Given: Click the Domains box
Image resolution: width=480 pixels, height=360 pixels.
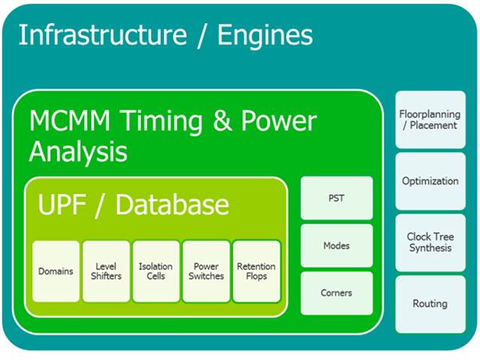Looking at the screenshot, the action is click(x=56, y=271).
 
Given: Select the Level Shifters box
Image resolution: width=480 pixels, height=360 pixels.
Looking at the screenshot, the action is click(x=106, y=271).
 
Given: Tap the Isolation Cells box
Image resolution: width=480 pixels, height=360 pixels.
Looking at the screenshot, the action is click(x=156, y=271).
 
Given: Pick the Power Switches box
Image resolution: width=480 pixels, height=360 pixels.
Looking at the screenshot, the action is click(x=206, y=271).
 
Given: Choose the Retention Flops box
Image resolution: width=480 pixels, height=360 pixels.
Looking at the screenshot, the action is click(x=256, y=271).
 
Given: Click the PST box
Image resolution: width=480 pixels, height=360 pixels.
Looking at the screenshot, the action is click(x=337, y=198).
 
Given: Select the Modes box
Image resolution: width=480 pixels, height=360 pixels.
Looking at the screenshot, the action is click(x=337, y=245).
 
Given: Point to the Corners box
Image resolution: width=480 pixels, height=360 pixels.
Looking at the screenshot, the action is click(x=337, y=293).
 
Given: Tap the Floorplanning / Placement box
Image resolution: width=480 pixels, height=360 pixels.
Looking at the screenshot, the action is click(x=430, y=120).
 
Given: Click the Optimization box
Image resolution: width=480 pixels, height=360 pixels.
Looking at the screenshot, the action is click(x=430, y=181).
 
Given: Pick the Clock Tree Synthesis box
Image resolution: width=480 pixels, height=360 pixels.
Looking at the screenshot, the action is click(x=430, y=242).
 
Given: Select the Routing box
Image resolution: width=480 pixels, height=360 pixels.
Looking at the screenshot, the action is click(x=430, y=304).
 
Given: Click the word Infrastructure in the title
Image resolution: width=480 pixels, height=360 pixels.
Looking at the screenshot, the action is click(x=103, y=34).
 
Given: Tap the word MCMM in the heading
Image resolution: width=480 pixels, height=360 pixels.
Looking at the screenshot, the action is click(x=70, y=121).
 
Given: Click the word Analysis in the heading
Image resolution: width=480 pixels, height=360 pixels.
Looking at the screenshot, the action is click(x=78, y=152).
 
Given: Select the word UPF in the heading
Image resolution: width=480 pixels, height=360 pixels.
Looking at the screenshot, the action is click(x=61, y=205).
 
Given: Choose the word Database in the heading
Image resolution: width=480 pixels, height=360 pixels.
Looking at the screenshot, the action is click(x=172, y=204).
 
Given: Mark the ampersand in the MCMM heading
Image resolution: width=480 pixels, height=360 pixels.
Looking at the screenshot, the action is click(x=223, y=121).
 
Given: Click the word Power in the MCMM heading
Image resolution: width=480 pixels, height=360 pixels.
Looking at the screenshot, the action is click(x=279, y=121).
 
